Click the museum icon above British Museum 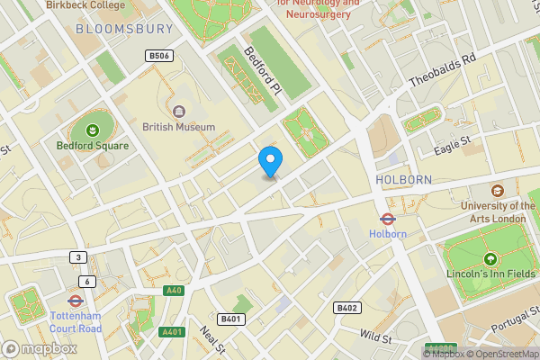[x=178, y=112]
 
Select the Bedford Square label [x=93, y=146]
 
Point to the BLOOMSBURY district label [x=124, y=29]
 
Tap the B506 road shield [x=158, y=56]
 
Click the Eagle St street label [x=453, y=144]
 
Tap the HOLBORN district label [x=403, y=180]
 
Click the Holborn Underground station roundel [x=388, y=218]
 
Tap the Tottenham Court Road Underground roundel [x=75, y=301]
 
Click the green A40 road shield [x=174, y=292]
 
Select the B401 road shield [x=231, y=319]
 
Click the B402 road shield [x=347, y=308]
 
